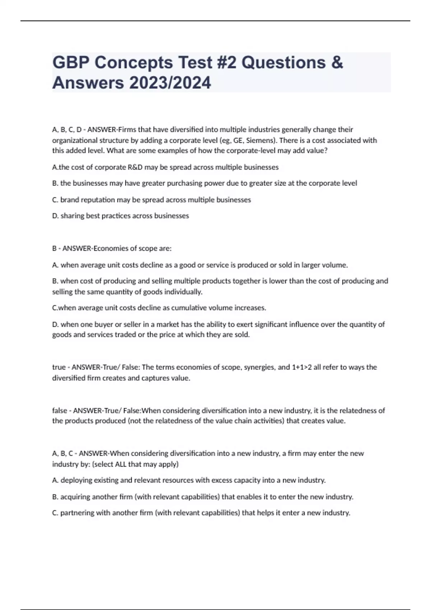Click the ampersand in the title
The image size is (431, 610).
click(337, 63)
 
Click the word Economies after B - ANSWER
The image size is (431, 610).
click(108, 248)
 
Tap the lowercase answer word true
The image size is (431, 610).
click(59, 367)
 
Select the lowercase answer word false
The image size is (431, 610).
click(60, 410)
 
